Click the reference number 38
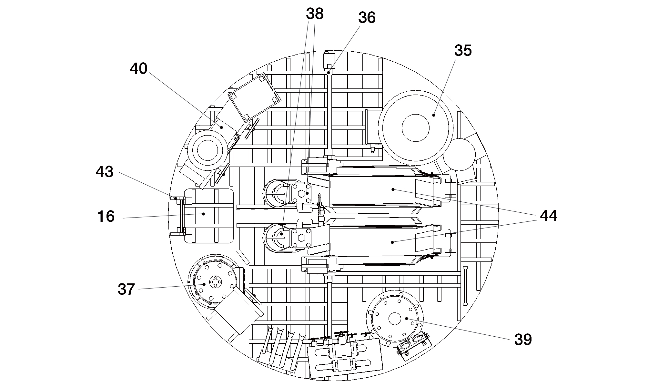[315, 14]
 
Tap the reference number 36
[367, 18]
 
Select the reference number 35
[463, 50]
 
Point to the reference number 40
[139, 69]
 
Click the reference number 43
[105, 172]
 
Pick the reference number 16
[106, 216]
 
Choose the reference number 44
[549, 216]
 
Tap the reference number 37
[126, 289]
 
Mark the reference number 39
[523, 339]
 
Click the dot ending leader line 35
[434, 115]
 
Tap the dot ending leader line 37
[204, 284]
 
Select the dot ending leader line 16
[203, 214]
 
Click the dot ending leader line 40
[221, 127]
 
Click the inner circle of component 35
[416, 128]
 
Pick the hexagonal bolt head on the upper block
[301, 194]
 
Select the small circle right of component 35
[459, 155]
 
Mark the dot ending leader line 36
[329, 73]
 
